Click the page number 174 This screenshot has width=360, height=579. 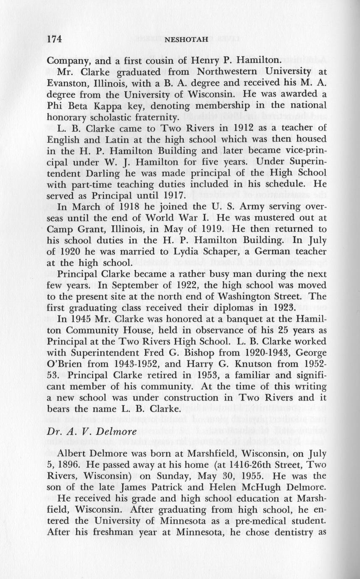point(55,39)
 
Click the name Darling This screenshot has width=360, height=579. point(115,172)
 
